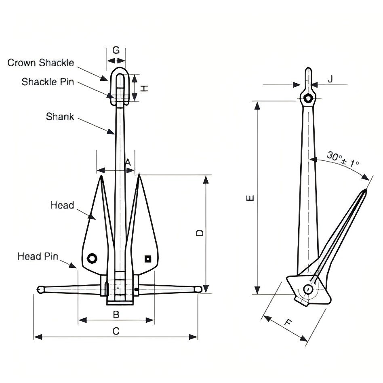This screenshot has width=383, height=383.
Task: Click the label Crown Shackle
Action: point(41,63)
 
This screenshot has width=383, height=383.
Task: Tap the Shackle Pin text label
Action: point(48,82)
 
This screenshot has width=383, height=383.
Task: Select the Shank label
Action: point(60,117)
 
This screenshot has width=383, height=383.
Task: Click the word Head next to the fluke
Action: point(62,205)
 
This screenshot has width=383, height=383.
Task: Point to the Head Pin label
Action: point(38,256)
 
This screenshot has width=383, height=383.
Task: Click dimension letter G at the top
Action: point(116,50)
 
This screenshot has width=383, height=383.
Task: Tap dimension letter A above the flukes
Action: point(128,162)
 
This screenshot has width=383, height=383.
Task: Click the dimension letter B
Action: point(116,314)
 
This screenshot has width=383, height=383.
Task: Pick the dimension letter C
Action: point(116,331)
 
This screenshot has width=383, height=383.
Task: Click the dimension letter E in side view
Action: point(250,198)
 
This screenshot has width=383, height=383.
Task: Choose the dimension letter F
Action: point(288,322)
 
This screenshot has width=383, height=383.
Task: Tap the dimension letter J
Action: point(330,79)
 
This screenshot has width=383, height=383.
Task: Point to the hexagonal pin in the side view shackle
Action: point(308,99)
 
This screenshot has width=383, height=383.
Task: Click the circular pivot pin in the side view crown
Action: point(308,289)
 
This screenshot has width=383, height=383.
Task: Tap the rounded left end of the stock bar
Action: point(40,289)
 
